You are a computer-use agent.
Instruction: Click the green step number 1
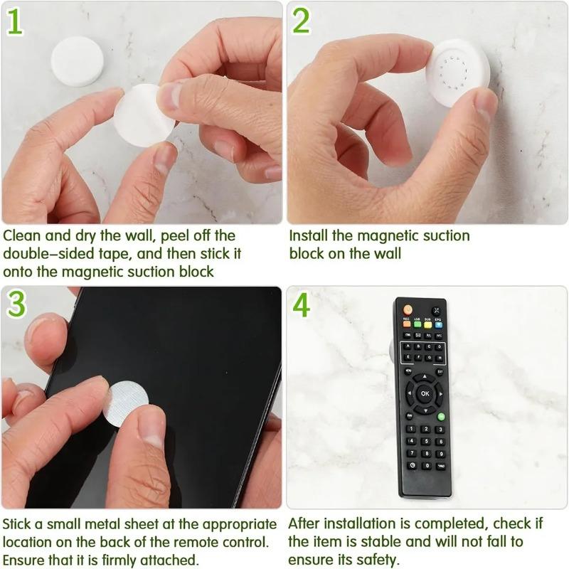pos(15,22)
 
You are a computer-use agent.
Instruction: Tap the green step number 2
pos(302,22)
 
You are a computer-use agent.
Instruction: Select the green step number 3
pos(16,304)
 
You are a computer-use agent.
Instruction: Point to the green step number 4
pos(302,304)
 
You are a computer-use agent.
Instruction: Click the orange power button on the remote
pos(408,310)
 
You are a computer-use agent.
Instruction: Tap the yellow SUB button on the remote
pos(428,324)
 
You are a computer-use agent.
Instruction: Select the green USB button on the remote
pos(418,324)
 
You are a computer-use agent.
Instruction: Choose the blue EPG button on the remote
pos(438,324)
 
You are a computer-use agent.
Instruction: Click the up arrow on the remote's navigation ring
pos(425,377)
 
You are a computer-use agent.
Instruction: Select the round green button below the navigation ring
pos(441,416)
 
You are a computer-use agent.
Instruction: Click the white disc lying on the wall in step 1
pos(77,60)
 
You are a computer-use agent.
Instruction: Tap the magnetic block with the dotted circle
pos(456,71)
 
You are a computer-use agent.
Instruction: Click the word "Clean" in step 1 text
pos(21,235)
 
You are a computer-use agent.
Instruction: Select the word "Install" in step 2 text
pos(310,235)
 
